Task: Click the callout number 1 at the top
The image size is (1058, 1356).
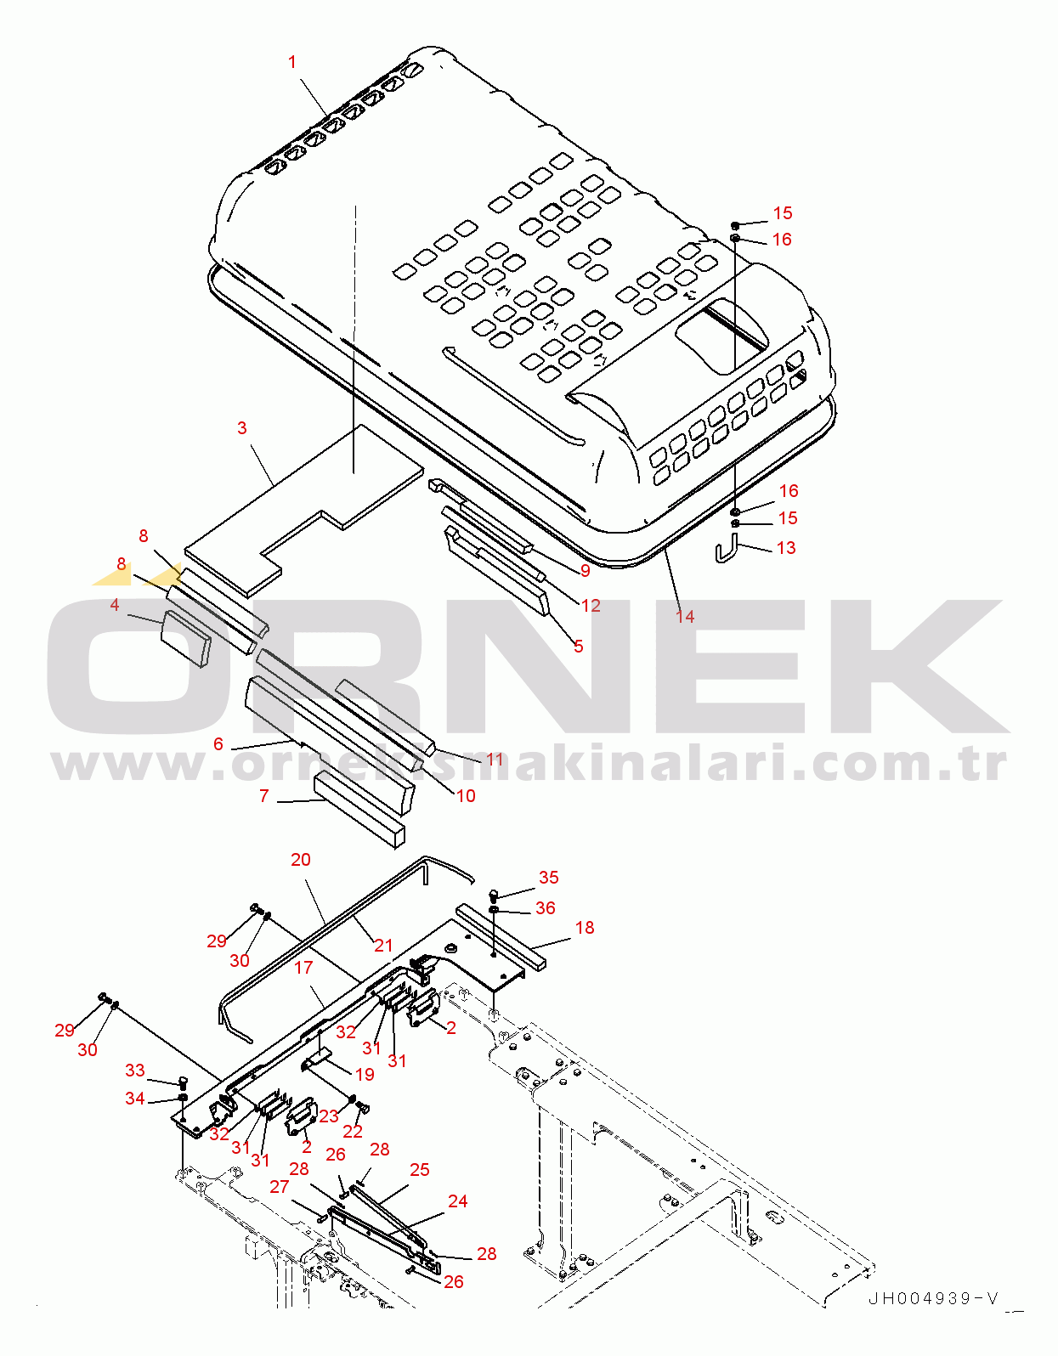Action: coord(292,62)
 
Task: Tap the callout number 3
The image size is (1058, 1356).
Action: coord(242,427)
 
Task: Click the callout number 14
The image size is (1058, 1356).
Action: coord(685,616)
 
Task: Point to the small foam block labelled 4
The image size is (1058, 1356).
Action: coord(186,636)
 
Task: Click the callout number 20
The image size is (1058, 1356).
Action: coord(301,859)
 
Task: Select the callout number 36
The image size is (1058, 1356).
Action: coord(546,908)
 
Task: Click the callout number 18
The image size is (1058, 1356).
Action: coord(585,927)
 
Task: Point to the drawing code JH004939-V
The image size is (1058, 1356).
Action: coord(933,1298)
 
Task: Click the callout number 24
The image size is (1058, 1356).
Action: coord(457,1201)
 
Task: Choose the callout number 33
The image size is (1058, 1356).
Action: coord(135,1070)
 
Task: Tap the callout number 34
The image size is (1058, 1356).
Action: coord(135,1098)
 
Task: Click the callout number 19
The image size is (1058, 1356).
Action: coord(365,1074)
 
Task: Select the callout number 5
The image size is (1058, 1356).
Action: coord(578,646)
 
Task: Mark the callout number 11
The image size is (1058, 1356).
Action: coord(495,759)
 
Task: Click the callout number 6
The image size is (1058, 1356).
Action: coord(218,743)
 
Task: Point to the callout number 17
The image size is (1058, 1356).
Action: coord(303,967)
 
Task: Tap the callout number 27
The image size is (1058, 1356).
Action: coord(280,1186)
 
